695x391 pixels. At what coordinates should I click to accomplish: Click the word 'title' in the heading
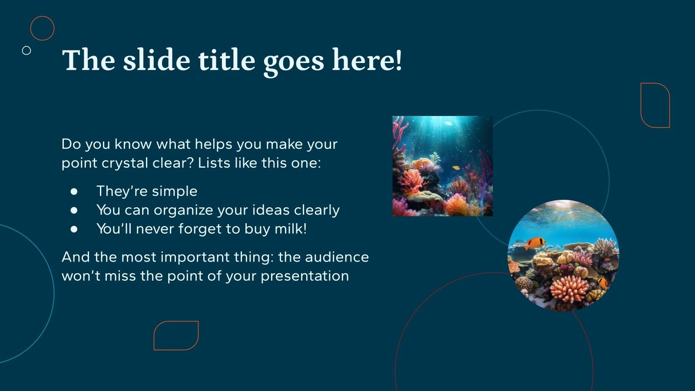(x=226, y=60)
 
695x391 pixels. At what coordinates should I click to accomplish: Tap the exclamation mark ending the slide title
(x=398, y=60)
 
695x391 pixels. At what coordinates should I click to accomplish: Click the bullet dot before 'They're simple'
(x=74, y=191)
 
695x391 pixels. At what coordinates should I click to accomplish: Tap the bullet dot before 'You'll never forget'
(x=74, y=229)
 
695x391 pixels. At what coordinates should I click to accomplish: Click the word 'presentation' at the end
(x=304, y=276)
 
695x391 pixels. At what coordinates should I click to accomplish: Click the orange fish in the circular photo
(x=534, y=243)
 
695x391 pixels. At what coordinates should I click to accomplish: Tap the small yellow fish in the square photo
(x=455, y=168)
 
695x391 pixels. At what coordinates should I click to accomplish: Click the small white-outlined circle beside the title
(x=26, y=50)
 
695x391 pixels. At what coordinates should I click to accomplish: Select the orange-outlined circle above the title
(x=42, y=28)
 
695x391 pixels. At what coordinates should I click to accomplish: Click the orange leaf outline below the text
(x=176, y=335)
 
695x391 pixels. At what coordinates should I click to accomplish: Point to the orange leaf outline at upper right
(x=655, y=105)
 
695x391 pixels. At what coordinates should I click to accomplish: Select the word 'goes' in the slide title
(x=294, y=60)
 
